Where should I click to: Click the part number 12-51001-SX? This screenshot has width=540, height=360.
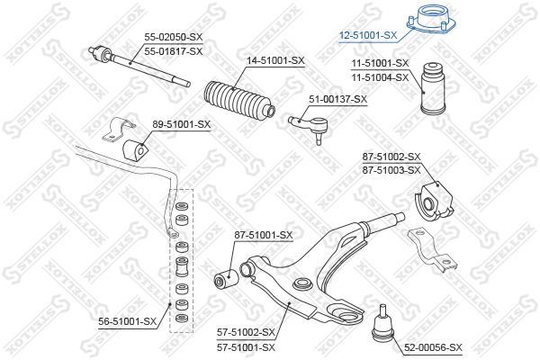pos(368,35)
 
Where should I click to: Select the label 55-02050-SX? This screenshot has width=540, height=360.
pos(174,37)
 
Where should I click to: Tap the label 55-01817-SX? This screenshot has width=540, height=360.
pos(174,51)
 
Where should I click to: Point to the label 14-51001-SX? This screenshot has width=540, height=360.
pos(275,61)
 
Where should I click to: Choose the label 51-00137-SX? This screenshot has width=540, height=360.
pos(337,100)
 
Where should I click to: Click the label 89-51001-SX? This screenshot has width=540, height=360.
pos(181,124)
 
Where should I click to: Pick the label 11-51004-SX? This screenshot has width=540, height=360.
pos(380,78)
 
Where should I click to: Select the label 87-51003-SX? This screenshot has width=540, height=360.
pos(391,170)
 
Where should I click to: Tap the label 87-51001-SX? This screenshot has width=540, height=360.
pos(264,236)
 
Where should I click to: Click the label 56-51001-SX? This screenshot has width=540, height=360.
pos(128,322)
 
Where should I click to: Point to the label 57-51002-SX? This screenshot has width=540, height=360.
pos(247,333)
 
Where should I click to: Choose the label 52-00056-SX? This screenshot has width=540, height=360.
pos(433,348)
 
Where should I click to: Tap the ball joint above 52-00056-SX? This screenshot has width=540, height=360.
pos(382,324)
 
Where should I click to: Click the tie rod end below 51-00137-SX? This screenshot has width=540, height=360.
pos(310,126)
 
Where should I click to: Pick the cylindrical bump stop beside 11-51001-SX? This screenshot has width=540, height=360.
pos(433,88)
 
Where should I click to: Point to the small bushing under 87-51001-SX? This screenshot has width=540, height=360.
pos(226,278)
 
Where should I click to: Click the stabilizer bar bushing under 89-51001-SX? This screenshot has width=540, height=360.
pos(134,150)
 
